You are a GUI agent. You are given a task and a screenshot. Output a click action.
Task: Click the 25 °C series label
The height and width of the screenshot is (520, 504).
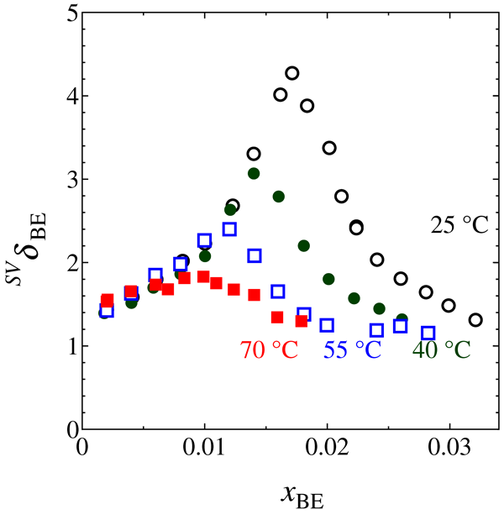coord(453,226)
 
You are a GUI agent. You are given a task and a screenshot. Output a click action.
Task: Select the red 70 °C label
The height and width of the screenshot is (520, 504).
coord(270,349)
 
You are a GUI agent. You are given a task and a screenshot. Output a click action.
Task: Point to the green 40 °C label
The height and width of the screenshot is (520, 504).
coord(441,349)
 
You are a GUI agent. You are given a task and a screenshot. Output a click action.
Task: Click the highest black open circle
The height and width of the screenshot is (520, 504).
coord(292,73)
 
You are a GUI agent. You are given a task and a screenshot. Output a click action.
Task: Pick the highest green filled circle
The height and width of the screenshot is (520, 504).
coord(254,173)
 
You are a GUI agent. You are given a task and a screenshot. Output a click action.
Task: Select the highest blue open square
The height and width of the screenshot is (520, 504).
coord(229,229)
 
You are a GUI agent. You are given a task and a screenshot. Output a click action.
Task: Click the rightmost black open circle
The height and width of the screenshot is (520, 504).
coord(475,320)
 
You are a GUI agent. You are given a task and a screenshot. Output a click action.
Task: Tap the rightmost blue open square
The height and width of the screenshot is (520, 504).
coord(428,334)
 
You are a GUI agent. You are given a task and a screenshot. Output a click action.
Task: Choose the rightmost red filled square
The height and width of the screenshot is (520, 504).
coord(302,321)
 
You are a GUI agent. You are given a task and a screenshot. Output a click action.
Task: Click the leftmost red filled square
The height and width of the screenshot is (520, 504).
coord(108,300)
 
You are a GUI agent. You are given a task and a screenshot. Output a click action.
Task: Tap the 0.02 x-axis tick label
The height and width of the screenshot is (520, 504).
coord(327,446)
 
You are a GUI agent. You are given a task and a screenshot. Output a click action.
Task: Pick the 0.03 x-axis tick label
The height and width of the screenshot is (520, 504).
coord(449,446)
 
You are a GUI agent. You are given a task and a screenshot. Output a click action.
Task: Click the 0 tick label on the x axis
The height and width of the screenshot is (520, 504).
coord(82,446)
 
